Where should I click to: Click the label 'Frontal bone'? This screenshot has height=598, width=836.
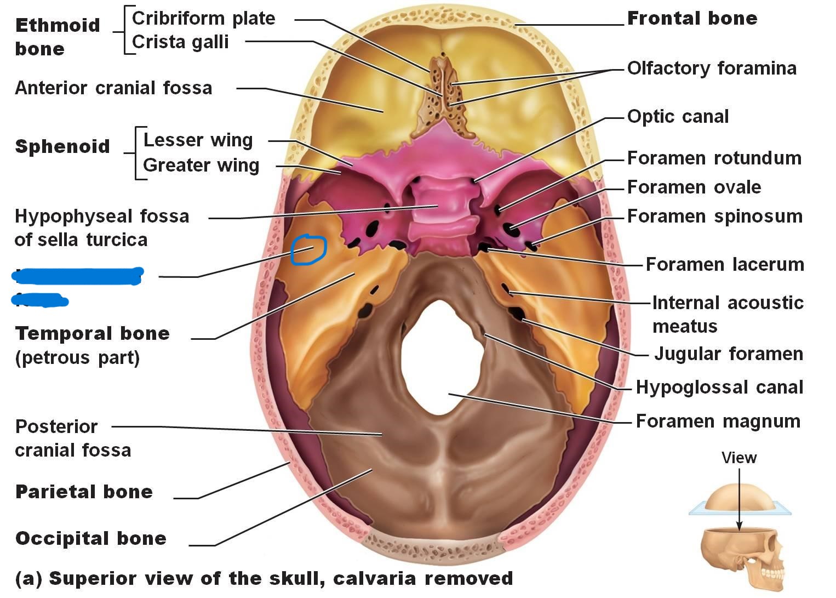(692, 19)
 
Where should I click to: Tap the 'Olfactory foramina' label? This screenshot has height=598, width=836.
(712, 69)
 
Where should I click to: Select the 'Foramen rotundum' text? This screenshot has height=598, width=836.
(714, 158)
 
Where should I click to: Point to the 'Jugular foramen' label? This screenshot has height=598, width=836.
(728, 354)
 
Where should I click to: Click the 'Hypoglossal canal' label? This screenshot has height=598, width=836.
(719, 388)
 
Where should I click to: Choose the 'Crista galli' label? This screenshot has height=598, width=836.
(180, 42)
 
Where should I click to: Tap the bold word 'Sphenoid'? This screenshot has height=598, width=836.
(62, 146)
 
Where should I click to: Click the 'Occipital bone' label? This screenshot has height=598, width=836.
(91, 538)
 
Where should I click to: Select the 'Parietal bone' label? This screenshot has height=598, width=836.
(84, 492)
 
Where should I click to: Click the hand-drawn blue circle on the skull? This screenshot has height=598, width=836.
(308, 249)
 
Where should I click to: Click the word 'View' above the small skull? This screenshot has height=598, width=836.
(739, 458)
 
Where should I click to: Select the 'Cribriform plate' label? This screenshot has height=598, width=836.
(203, 19)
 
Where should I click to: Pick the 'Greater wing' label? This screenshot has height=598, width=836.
(201, 166)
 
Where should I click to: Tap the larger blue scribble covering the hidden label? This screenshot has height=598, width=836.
(77, 276)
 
